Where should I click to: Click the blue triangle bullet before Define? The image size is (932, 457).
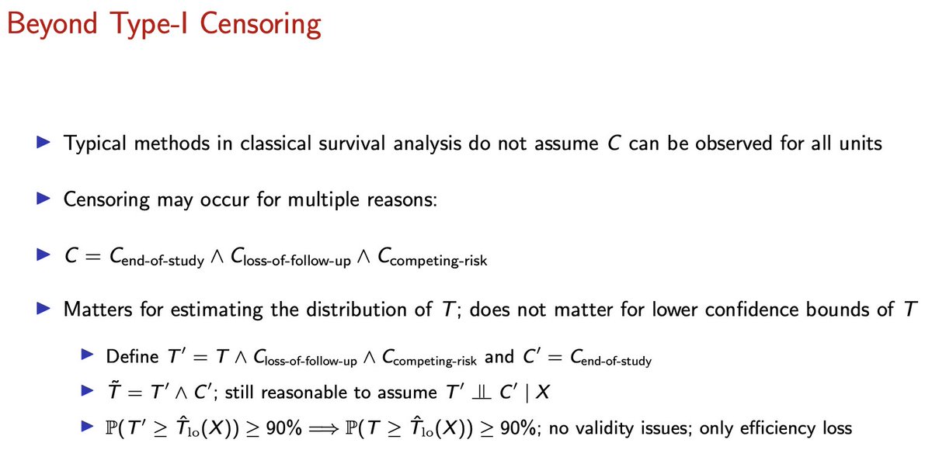(86, 357)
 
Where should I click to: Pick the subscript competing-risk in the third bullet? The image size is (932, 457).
(440, 260)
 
